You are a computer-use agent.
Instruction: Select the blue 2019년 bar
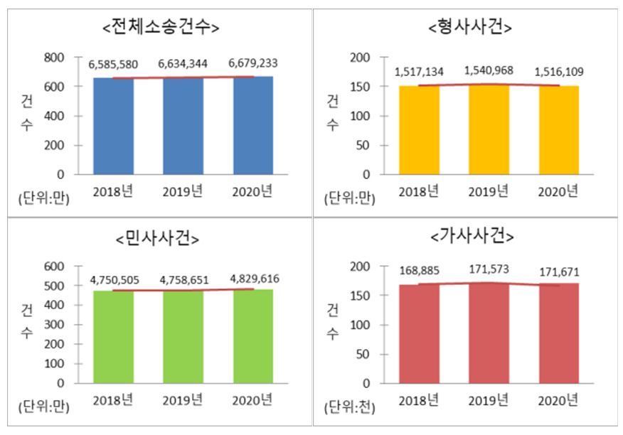[x=183, y=125]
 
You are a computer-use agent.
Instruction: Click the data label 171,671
[x=558, y=272]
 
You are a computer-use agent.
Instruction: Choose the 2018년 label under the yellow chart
[x=420, y=192]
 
